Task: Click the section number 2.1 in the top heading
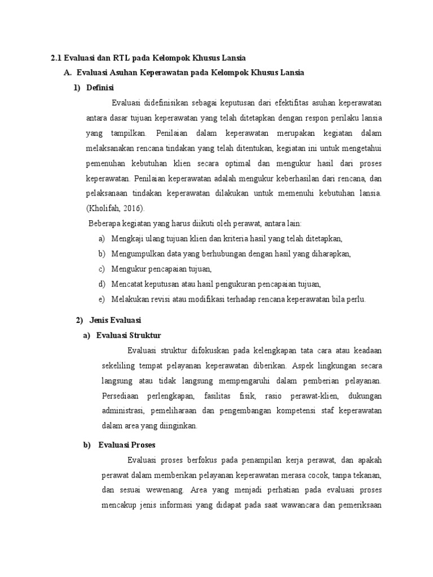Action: point(56,58)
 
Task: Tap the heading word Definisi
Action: point(100,87)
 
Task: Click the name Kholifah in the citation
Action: point(105,208)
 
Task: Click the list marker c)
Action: point(101,269)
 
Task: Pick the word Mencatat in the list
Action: point(127,284)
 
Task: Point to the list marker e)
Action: point(101,299)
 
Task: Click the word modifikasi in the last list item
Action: point(211,299)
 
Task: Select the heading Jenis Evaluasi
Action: point(115,320)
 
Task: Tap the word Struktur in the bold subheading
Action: point(145,335)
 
